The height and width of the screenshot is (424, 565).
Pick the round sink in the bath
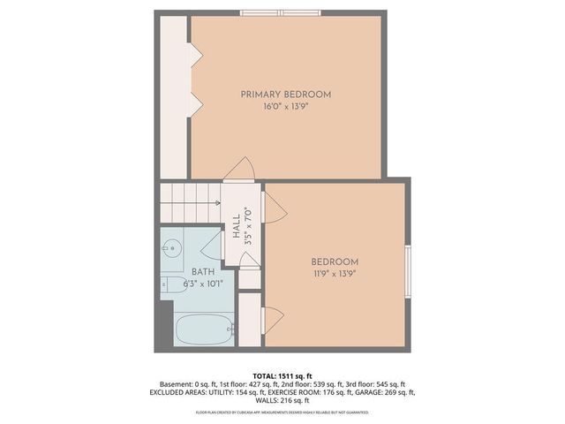172,248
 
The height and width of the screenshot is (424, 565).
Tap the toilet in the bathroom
171,284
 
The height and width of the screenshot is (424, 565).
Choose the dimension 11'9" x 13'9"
335,273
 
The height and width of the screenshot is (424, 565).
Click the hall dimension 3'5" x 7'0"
248,225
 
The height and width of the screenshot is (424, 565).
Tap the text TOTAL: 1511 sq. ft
282,375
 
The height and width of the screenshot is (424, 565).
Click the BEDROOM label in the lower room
335,261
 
